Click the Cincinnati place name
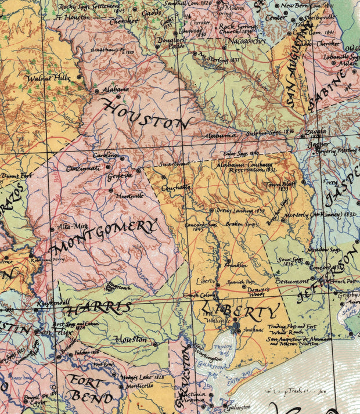click(82, 168)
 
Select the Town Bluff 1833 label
click(278, 186)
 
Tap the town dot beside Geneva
click(138, 170)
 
